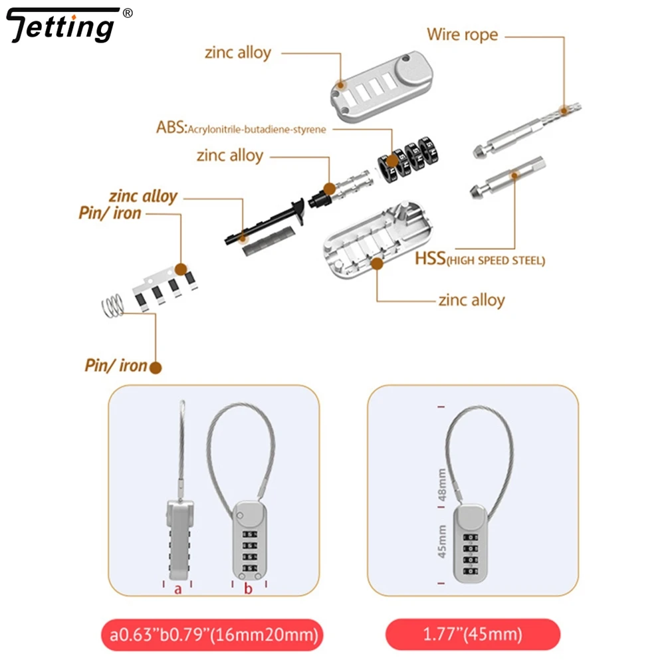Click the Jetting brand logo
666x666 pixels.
tap(63, 27)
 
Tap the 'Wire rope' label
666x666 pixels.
tap(462, 34)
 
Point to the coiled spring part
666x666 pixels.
tap(114, 305)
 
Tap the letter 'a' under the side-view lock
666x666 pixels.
tap(177, 589)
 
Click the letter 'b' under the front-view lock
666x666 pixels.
tap(248, 589)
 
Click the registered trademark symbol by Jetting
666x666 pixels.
tap(129, 13)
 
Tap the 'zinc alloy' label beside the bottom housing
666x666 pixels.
tap(471, 300)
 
